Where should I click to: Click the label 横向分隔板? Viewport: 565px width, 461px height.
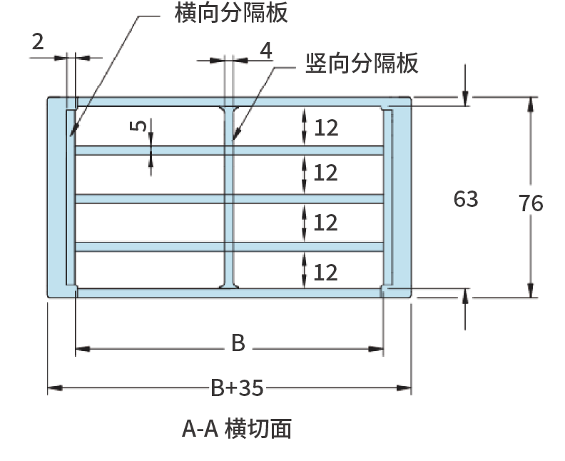pos(232,13)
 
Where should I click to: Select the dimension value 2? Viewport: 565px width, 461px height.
pos(38,41)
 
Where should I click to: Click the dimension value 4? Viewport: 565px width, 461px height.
pos(265,51)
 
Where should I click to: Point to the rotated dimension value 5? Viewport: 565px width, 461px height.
pos(141,126)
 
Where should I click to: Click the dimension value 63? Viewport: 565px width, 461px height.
pos(466,199)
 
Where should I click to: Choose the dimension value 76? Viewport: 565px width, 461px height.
pos(531,203)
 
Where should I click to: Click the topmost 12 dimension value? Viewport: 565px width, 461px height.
pos(325,128)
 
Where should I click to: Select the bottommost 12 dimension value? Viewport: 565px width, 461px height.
pos(325,272)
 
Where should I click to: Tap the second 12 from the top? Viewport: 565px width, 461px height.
pos(325,173)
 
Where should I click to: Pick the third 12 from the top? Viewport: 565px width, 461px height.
pos(325,223)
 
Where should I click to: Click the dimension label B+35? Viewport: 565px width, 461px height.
pos(237,387)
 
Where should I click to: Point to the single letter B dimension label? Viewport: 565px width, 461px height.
pos(238,344)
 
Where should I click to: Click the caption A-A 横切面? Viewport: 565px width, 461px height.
pos(237,428)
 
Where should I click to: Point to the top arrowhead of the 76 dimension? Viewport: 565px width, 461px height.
pos(531,103)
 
